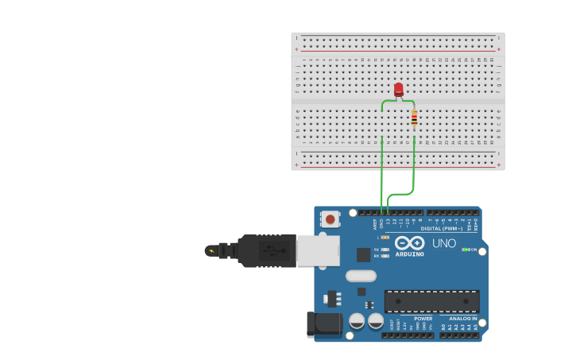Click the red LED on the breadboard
[399, 89]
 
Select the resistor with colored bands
[414, 118]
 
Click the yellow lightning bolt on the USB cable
[211, 251]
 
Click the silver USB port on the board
[318, 250]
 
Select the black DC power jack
[324, 324]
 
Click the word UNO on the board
[444, 243]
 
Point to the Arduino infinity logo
[409, 242]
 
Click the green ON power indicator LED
[465, 250]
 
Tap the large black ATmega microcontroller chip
[431, 301]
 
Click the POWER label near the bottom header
[423, 319]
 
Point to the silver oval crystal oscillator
[361, 276]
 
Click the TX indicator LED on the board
[385, 250]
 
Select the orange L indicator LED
[385, 237]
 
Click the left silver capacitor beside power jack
[358, 321]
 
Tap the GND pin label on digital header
[381, 223]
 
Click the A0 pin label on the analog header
[443, 327]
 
